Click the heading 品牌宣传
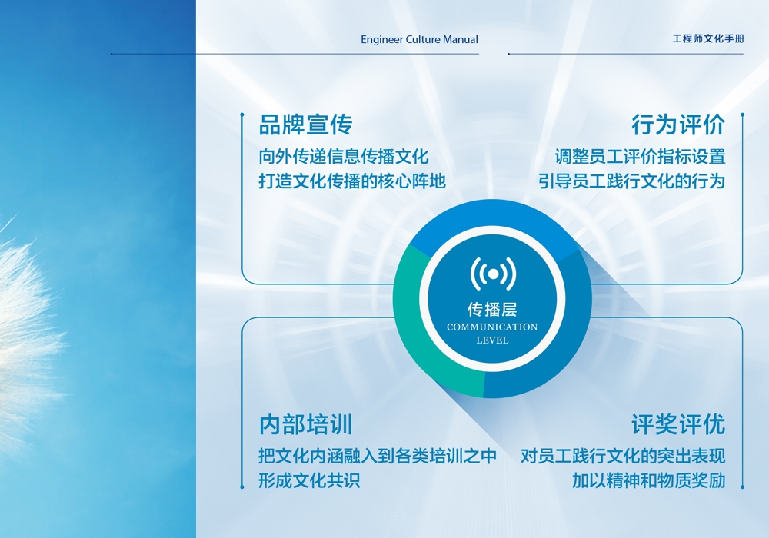[x=305, y=125]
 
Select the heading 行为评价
[x=678, y=125]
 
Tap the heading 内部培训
[x=305, y=424]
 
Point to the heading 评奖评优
[x=678, y=424]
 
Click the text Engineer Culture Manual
[x=419, y=40]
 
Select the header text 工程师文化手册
[x=708, y=38]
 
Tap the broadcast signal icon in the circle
[x=493, y=274]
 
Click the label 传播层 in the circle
[x=492, y=309]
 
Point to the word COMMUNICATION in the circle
[x=492, y=327]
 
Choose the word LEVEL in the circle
[x=492, y=340]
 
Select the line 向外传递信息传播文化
[x=344, y=157]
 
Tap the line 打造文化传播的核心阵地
[x=352, y=181]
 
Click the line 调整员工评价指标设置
[x=640, y=157]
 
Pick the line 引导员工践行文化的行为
[x=631, y=181]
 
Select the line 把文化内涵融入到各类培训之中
[x=378, y=457]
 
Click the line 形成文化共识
[x=309, y=480]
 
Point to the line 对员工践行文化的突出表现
[x=623, y=457]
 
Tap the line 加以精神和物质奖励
[x=648, y=480]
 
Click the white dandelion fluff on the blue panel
[x=25, y=334]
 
